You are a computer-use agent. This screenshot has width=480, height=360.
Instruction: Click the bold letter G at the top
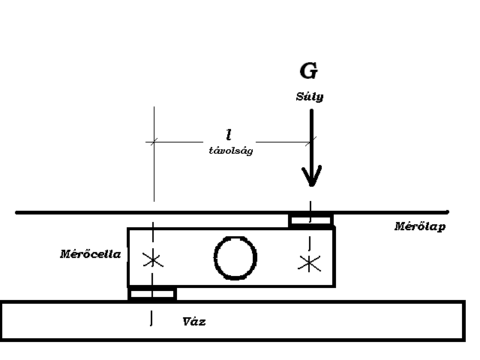(308, 71)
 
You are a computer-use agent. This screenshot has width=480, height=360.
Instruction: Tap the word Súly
(308, 97)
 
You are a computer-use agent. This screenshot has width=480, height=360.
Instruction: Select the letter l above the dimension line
(228, 134)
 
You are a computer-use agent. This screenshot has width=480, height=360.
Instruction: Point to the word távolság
(230, 150)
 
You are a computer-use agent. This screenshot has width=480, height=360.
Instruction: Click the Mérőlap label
(420, 226)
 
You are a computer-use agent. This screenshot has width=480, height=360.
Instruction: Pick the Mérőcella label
(90, 253)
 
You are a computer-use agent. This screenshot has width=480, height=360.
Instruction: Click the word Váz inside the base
(194, 322)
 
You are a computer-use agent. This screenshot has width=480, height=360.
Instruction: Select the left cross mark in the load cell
(153, 260)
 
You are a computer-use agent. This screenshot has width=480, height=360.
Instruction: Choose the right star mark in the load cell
(308, 262)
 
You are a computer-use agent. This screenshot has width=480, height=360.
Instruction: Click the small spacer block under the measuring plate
(311, 220)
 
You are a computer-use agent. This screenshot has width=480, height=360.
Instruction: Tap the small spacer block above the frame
(151, 293)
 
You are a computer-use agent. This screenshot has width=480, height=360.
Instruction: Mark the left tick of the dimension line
(153, 140)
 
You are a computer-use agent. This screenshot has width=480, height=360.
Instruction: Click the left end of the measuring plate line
(18, 212)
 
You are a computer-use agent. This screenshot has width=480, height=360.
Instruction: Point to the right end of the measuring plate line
(447, 212)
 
